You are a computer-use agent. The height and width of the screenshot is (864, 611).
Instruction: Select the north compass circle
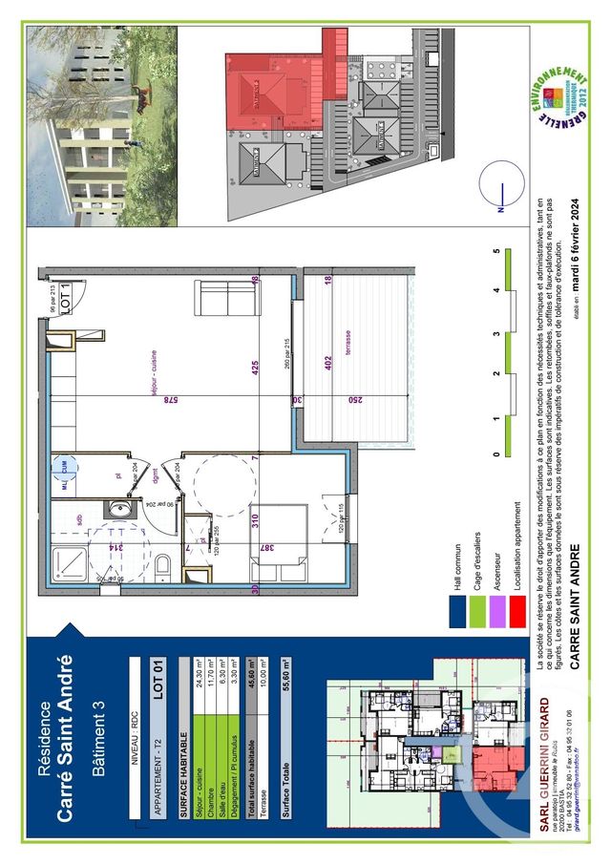(507, 185)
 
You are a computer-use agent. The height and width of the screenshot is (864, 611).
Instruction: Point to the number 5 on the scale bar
(496, 252)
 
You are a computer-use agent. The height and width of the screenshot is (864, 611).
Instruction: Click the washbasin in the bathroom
(118, 510)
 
